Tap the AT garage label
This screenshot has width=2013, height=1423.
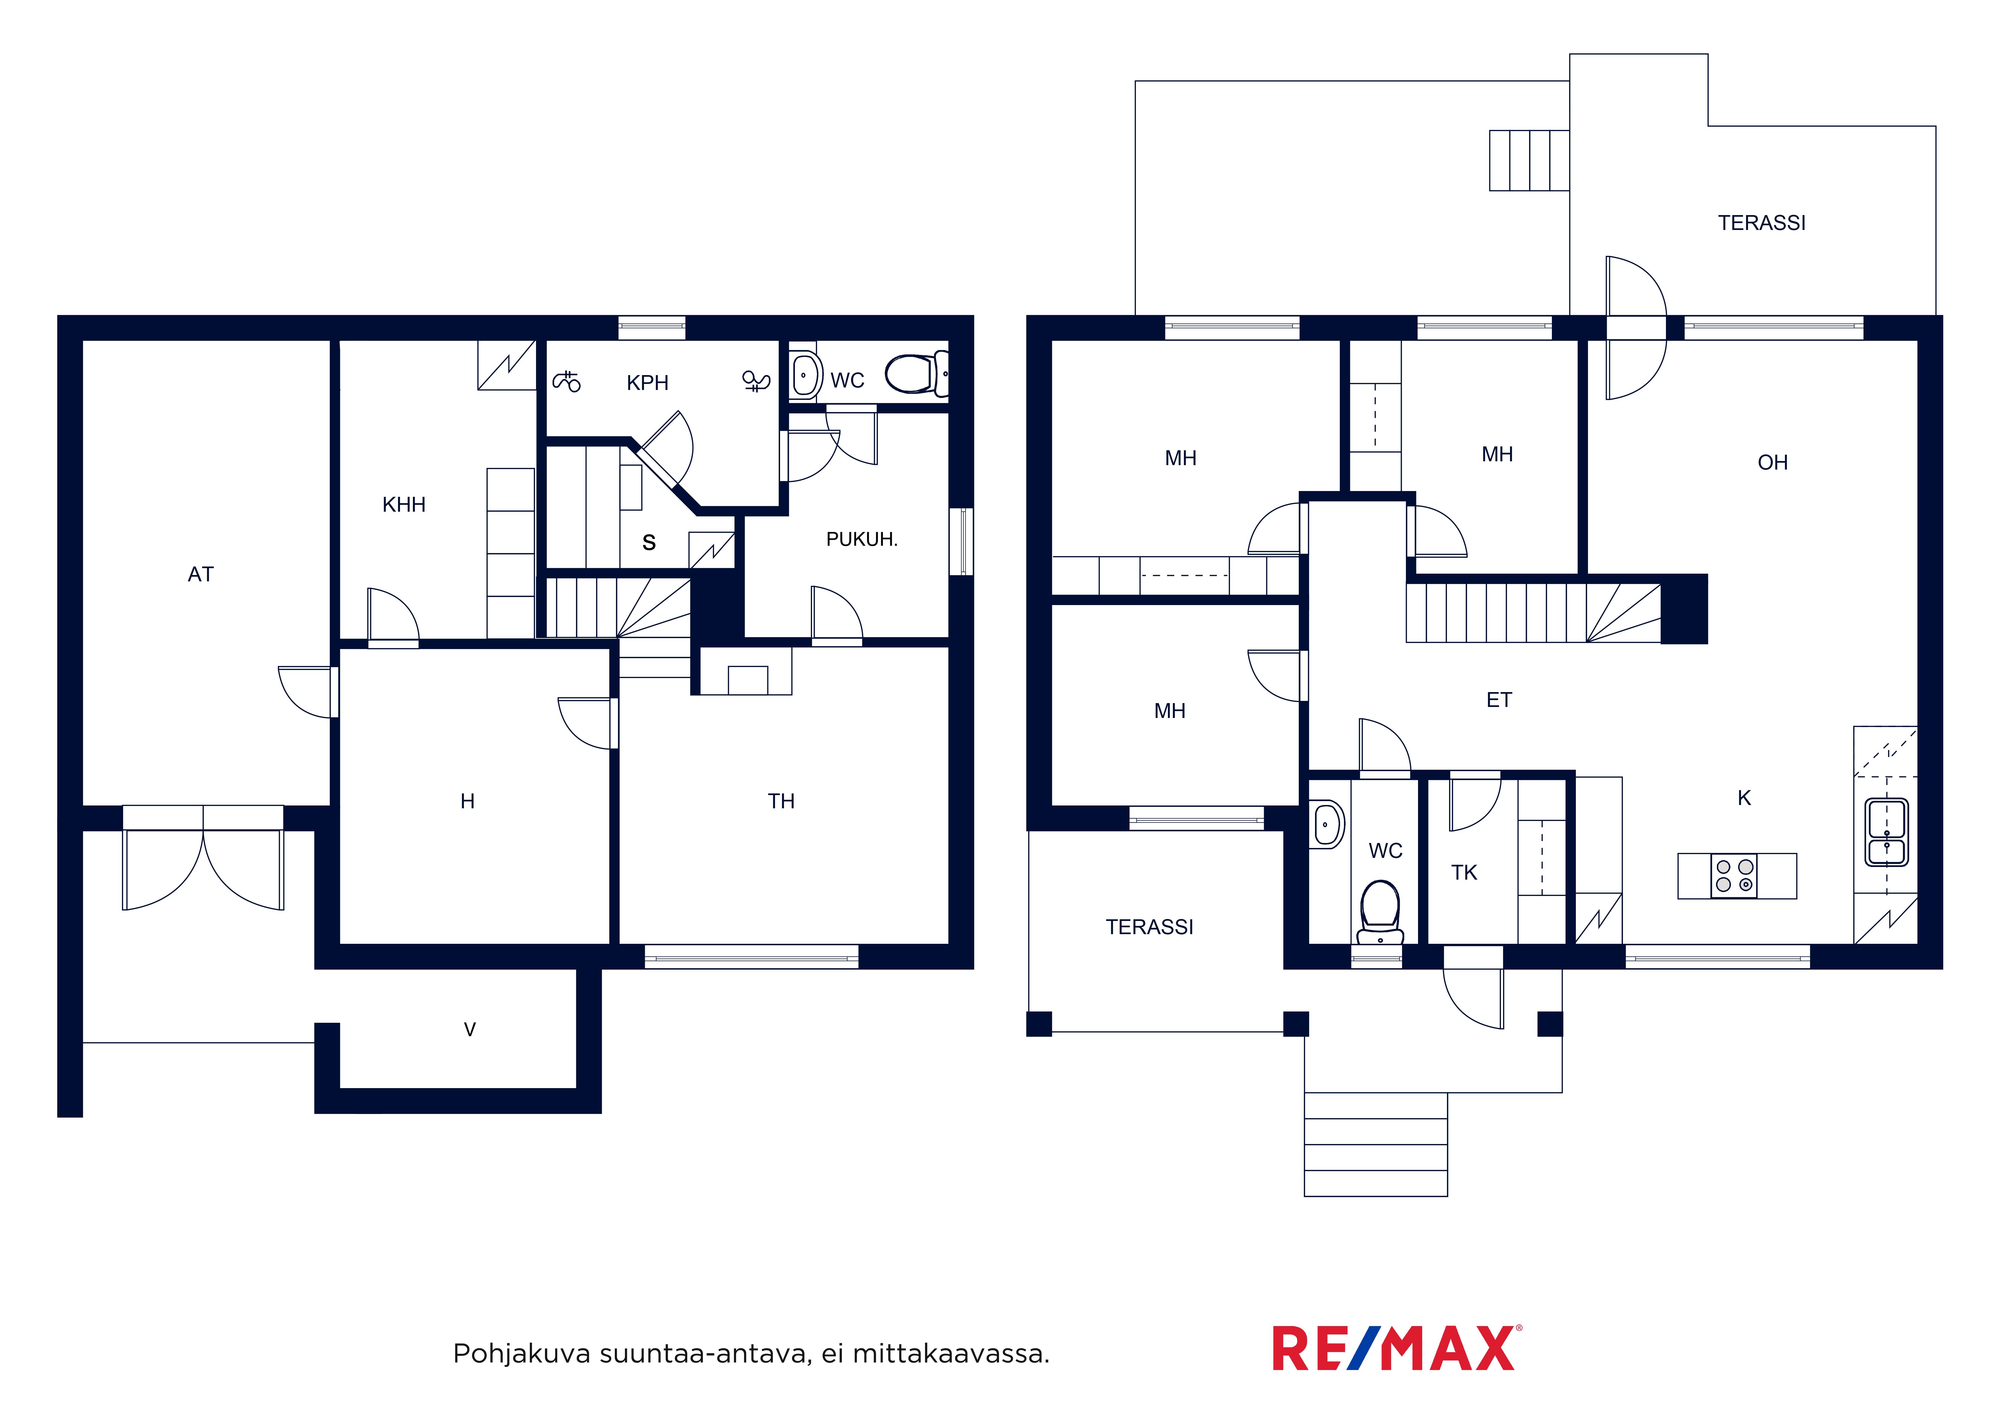pos(201,574)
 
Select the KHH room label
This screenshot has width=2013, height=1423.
pos(404,505)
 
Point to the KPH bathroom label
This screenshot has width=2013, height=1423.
pos(648,383)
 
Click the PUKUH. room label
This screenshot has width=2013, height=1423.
pos(862,539)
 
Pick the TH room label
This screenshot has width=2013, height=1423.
pos(781,801)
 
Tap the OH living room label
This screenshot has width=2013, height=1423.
pos(1773,463)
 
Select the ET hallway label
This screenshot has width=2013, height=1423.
pos(1499,700)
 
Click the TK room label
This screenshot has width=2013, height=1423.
pos(1464,872)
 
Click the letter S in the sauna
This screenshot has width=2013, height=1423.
pos(649,543)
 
